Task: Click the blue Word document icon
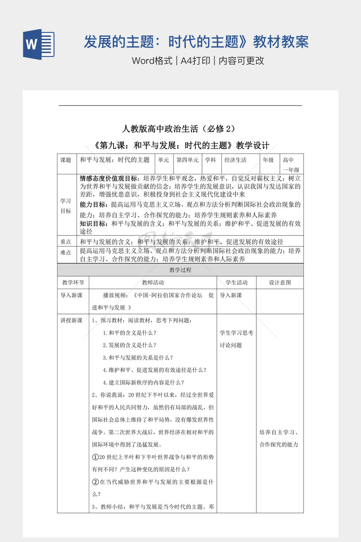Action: point(39,44)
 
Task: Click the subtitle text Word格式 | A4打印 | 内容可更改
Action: point(198,61)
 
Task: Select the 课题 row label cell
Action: point(66,160)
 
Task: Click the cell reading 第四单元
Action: point(187,160)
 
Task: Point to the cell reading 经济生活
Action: point(235,160)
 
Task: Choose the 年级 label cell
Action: point(268,160)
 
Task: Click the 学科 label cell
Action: point(210,160)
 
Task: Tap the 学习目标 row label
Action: point(66,206)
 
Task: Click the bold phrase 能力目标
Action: point(92,205)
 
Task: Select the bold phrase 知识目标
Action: point(93,224)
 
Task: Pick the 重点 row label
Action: point(66,242)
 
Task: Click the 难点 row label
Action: point(66,253)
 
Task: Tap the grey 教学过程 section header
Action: point(180,270)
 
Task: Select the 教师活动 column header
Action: point(153,283)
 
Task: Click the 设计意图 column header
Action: point(280,283)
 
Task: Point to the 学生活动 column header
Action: point(237,283)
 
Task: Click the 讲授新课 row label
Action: point(72,320)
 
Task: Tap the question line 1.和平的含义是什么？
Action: point(129,333)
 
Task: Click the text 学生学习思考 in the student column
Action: point(237,333)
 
